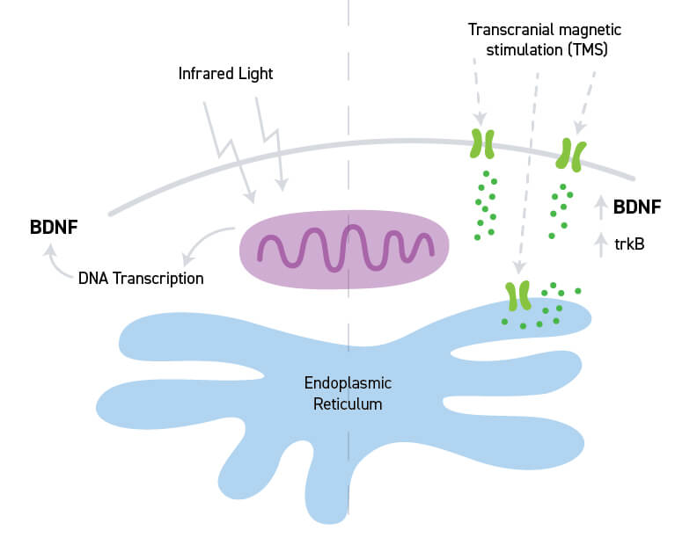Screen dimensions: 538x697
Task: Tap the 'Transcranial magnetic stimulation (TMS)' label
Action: pyautogui.click(x=539, y=39)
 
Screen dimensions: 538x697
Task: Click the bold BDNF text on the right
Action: pyautogui.click(x=637, y=207)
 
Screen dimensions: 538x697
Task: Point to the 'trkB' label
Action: pyautogui.click(x=630, y=243)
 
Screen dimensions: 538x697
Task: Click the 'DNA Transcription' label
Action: pyautogui.click(x=141, y=279)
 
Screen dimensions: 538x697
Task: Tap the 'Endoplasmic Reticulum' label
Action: pyautogui.click(x=347, y=394)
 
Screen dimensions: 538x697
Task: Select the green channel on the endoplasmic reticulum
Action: pyautogui.click(x=517, y=295)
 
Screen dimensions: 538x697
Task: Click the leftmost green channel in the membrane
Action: pyautogui.click(x=482, y=143)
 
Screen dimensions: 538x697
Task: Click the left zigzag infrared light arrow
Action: pyautogui.click(x=226, y=149)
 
